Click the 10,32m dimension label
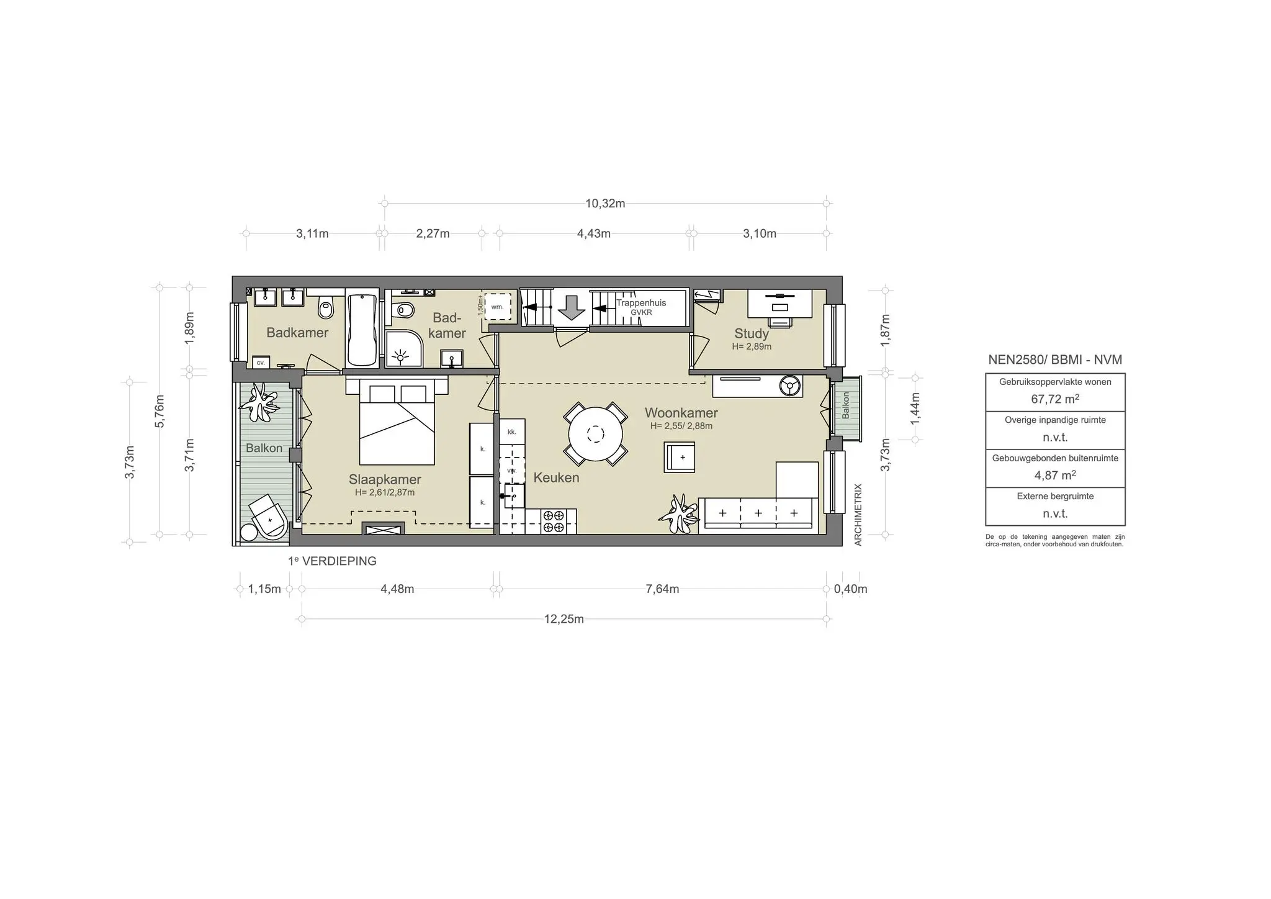[x=605, y=204]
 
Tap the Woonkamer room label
[x=681, y=413]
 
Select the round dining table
[x=595, y=433]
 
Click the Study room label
[x=751, y=333]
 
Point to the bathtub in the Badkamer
[x=362, y=330]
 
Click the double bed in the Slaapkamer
[x=397, y=428]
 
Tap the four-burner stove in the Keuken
[x=553, y=521]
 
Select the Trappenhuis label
[x=641, y=303]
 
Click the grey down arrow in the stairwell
[x=572, y=307]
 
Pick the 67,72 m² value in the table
[x=1055, y=399]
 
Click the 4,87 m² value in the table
[x=1055, y=475]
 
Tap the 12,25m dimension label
[x=564, y=619]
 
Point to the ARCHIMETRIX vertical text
[x=858, y=515]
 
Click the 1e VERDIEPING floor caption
[x=332, y=561]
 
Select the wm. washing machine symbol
[x=497, y=307]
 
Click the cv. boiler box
[x=261, y=362]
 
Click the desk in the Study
[x=779, y=303]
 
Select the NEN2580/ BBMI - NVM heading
[x=1055, y=359]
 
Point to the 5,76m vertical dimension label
[x=160, y=411]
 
